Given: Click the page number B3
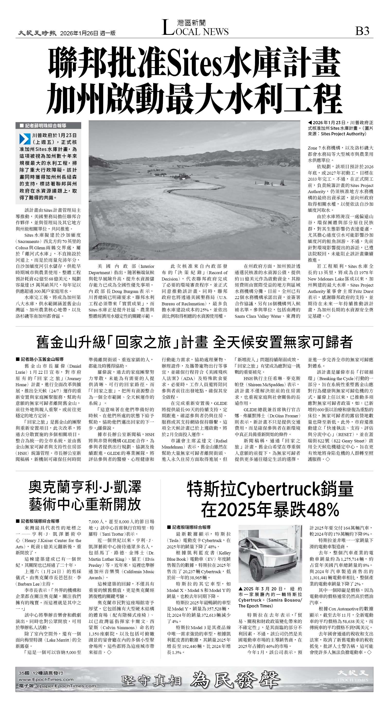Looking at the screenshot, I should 362,31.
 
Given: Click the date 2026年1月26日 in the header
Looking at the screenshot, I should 79,33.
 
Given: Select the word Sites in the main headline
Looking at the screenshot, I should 194,63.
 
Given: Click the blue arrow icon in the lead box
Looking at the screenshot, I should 25,139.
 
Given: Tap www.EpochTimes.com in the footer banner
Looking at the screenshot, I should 46,679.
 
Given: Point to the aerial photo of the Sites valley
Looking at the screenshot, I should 194,190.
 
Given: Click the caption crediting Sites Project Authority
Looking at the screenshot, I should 340,128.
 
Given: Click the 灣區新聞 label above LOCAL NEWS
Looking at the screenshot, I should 191,23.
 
